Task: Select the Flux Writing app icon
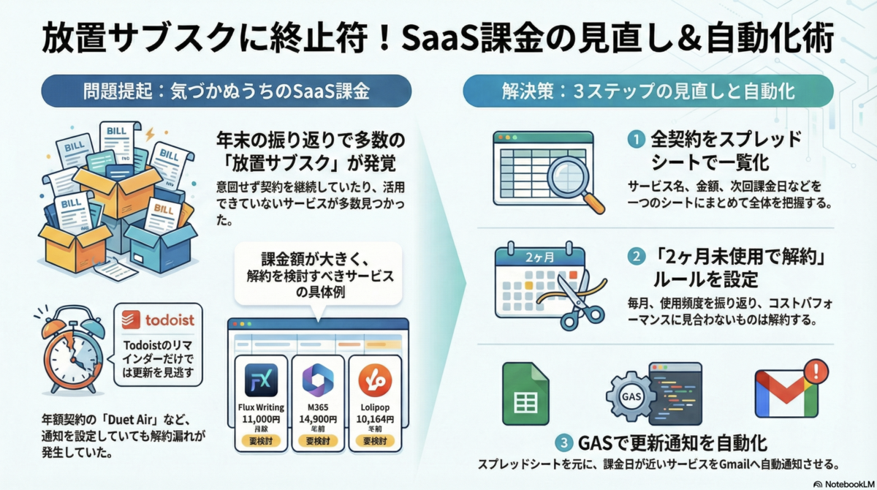tap(261, 380)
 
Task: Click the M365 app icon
tap(318, 380)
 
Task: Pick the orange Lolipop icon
tap(375, 380)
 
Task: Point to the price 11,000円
tap(261, 419)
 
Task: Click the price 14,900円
tap(318, 419)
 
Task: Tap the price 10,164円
tap(375, 419)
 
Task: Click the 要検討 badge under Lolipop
tap(375, 442)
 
